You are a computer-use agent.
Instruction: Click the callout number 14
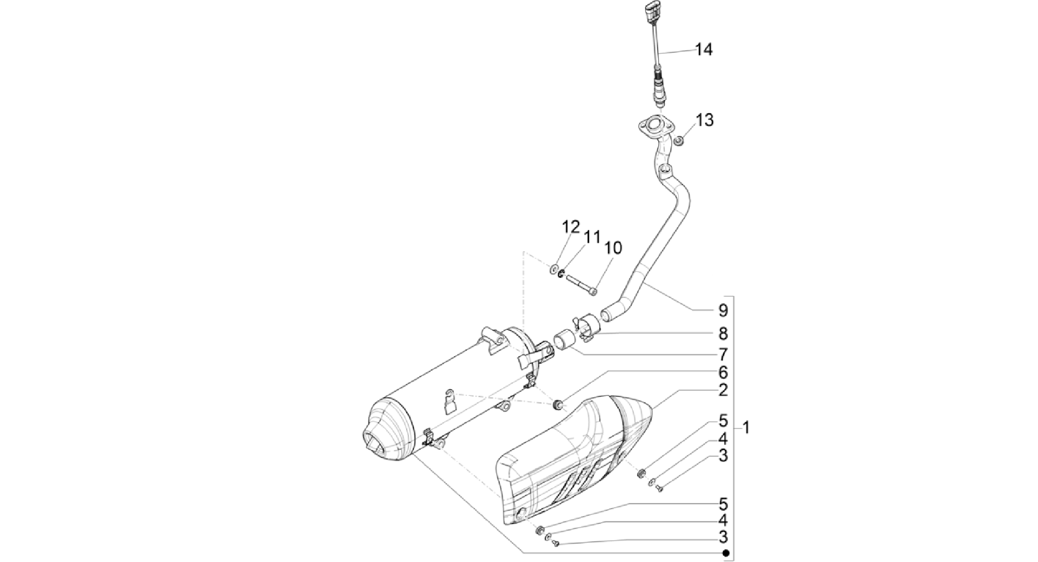pyautogui.click(x=704, y=50)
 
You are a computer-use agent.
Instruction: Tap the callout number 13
pyautogui.click(x=705, y=120)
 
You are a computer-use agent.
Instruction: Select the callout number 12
pyautogui.click(x=570, y=227)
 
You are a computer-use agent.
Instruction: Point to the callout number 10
pyautogui.click(x=613, y=248)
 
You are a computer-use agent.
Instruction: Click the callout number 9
pyautogui.click(x=723, y=310)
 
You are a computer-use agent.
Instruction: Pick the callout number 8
pyautogui.click(x=723, y=334)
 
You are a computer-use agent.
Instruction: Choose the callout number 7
pyautogui.click(x=723, y=355)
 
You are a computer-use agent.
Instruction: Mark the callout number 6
pyautogui.click(x=723, y=372)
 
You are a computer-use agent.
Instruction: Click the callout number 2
pyautogui.click(x=723, y=390)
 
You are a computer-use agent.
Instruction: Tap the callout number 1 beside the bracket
pyautogui.click(x=745, y=428)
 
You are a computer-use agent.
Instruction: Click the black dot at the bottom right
pyautogui.click(x=726, y=553)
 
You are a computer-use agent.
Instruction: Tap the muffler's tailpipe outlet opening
pyautogui.click(x=374, y=440)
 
